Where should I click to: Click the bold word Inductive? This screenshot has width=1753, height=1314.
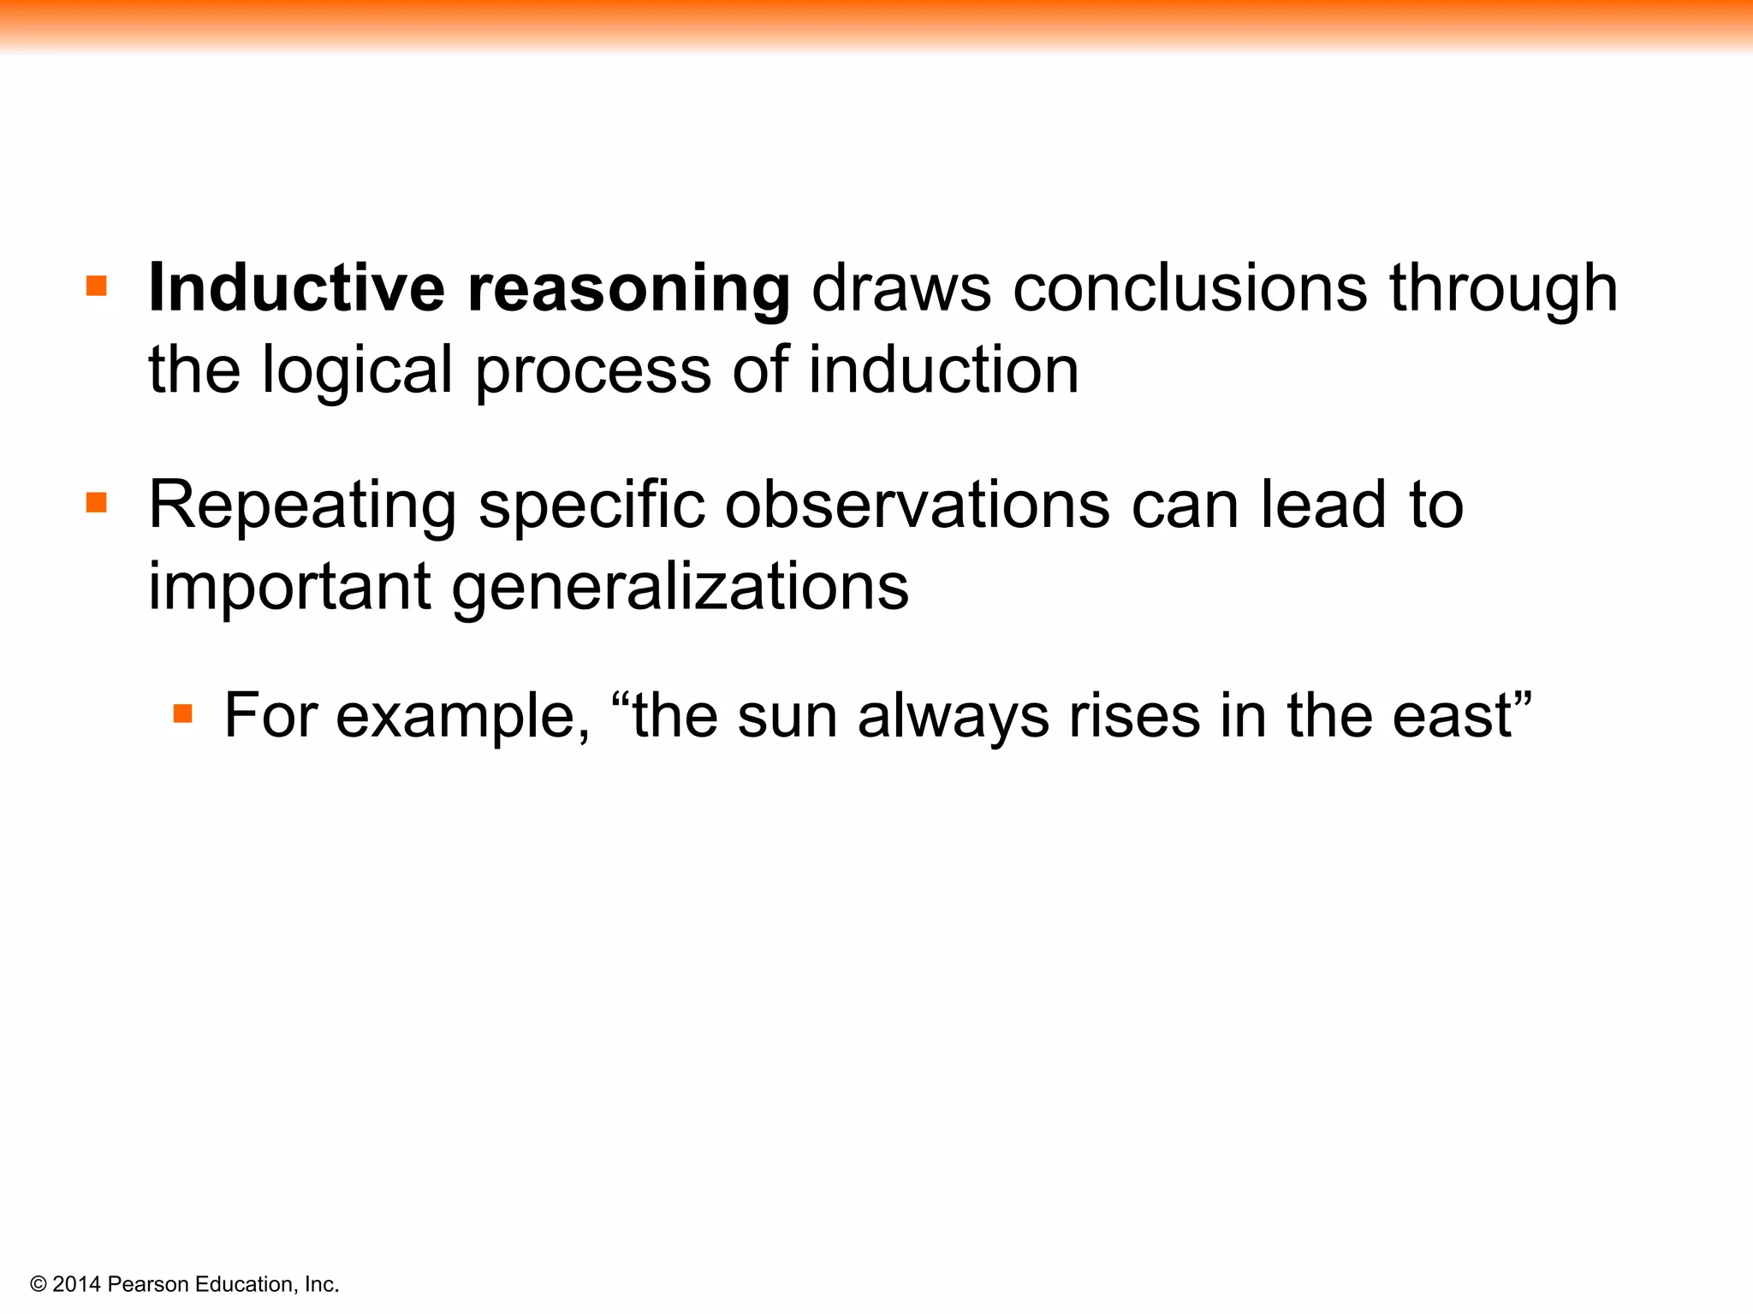point(296,288)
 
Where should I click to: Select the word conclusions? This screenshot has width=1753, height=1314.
point(1191,288)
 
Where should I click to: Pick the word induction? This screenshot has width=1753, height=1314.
point(943,370)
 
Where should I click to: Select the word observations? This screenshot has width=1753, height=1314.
point(918,505)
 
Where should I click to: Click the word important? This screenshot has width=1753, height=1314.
point(289,589)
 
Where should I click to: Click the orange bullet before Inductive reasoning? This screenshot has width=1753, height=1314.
point(97,286)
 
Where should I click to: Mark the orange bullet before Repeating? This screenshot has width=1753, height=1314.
point(97,502)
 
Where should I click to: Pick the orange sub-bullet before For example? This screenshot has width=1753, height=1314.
point(182,713)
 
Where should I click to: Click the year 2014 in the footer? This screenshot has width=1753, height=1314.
point(77,1284)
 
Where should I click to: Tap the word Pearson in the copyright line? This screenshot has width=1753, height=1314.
point(149,1284)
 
